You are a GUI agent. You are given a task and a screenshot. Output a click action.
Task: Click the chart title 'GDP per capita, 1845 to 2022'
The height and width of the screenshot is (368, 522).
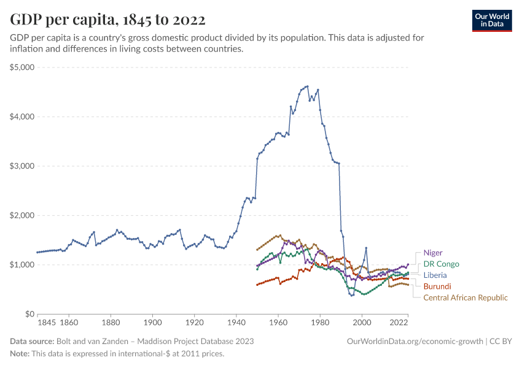click(x=107, y=20)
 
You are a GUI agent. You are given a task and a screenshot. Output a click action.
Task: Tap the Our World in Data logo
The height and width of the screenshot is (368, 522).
click(x=491, y=20)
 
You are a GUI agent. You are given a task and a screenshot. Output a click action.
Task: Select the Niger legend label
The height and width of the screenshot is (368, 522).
click(x=433, y=253)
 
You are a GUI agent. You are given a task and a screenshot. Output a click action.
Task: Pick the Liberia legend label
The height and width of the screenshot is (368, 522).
click(x=435, y=275)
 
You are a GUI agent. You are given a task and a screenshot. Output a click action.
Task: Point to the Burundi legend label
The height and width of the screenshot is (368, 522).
click(x=437, y=286)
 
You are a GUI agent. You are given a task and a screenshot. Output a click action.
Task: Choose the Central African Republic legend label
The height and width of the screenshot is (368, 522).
click(x=466, y=297)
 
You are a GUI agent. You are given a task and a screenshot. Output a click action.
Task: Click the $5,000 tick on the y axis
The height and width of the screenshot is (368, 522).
click(x=22, y=67)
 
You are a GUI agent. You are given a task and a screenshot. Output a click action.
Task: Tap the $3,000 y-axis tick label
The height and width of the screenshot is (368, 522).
click(x=22, y=166)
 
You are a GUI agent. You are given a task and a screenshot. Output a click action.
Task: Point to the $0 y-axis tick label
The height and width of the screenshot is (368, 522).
click(x=28, y=314)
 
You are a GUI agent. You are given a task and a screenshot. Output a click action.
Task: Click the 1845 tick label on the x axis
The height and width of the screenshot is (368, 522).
click(x=47, y=322)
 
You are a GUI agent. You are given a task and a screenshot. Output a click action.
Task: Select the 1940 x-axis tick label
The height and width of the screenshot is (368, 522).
click(x=236, y=322)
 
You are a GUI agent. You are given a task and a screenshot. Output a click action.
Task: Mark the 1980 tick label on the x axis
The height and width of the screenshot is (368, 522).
click(x=319, y=322)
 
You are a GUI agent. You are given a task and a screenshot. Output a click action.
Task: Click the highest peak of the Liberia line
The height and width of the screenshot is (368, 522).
click(x=307, y=86)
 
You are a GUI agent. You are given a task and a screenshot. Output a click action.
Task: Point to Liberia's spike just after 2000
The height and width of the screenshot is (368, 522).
click(x=366, y=248)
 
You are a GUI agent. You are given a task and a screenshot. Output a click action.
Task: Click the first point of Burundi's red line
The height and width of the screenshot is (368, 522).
click(x=257, y=285)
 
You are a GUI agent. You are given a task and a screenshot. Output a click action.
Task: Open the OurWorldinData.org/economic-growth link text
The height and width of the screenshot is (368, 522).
click(x=416, y=341)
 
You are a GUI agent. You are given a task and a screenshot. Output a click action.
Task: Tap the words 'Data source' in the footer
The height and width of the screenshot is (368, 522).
click(x=31, y=341)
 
